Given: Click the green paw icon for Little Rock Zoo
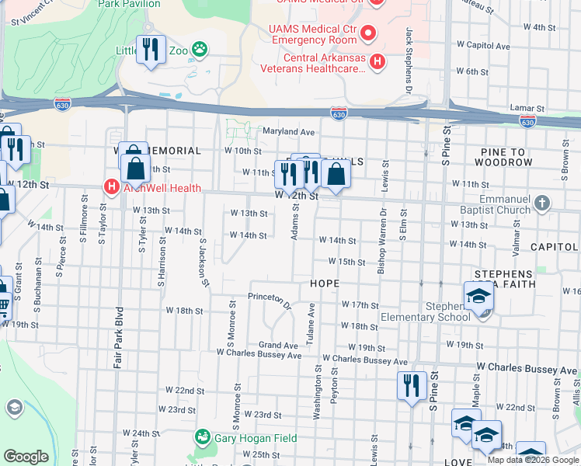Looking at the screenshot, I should [x=200, y=50].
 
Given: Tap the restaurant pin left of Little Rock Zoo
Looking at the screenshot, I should [x=150, y=50].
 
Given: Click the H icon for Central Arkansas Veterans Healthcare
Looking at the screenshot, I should [x=377, y=61].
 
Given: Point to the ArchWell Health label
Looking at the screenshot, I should [x=160, y=188].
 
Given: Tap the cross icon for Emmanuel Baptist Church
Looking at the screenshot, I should [x=542, y=203].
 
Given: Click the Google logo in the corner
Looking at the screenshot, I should [x=26, y=457].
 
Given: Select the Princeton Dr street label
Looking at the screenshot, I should [x=269, y=297].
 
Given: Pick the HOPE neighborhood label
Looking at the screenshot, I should [x=325, y=283].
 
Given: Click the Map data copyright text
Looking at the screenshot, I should [x=533, y=459].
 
